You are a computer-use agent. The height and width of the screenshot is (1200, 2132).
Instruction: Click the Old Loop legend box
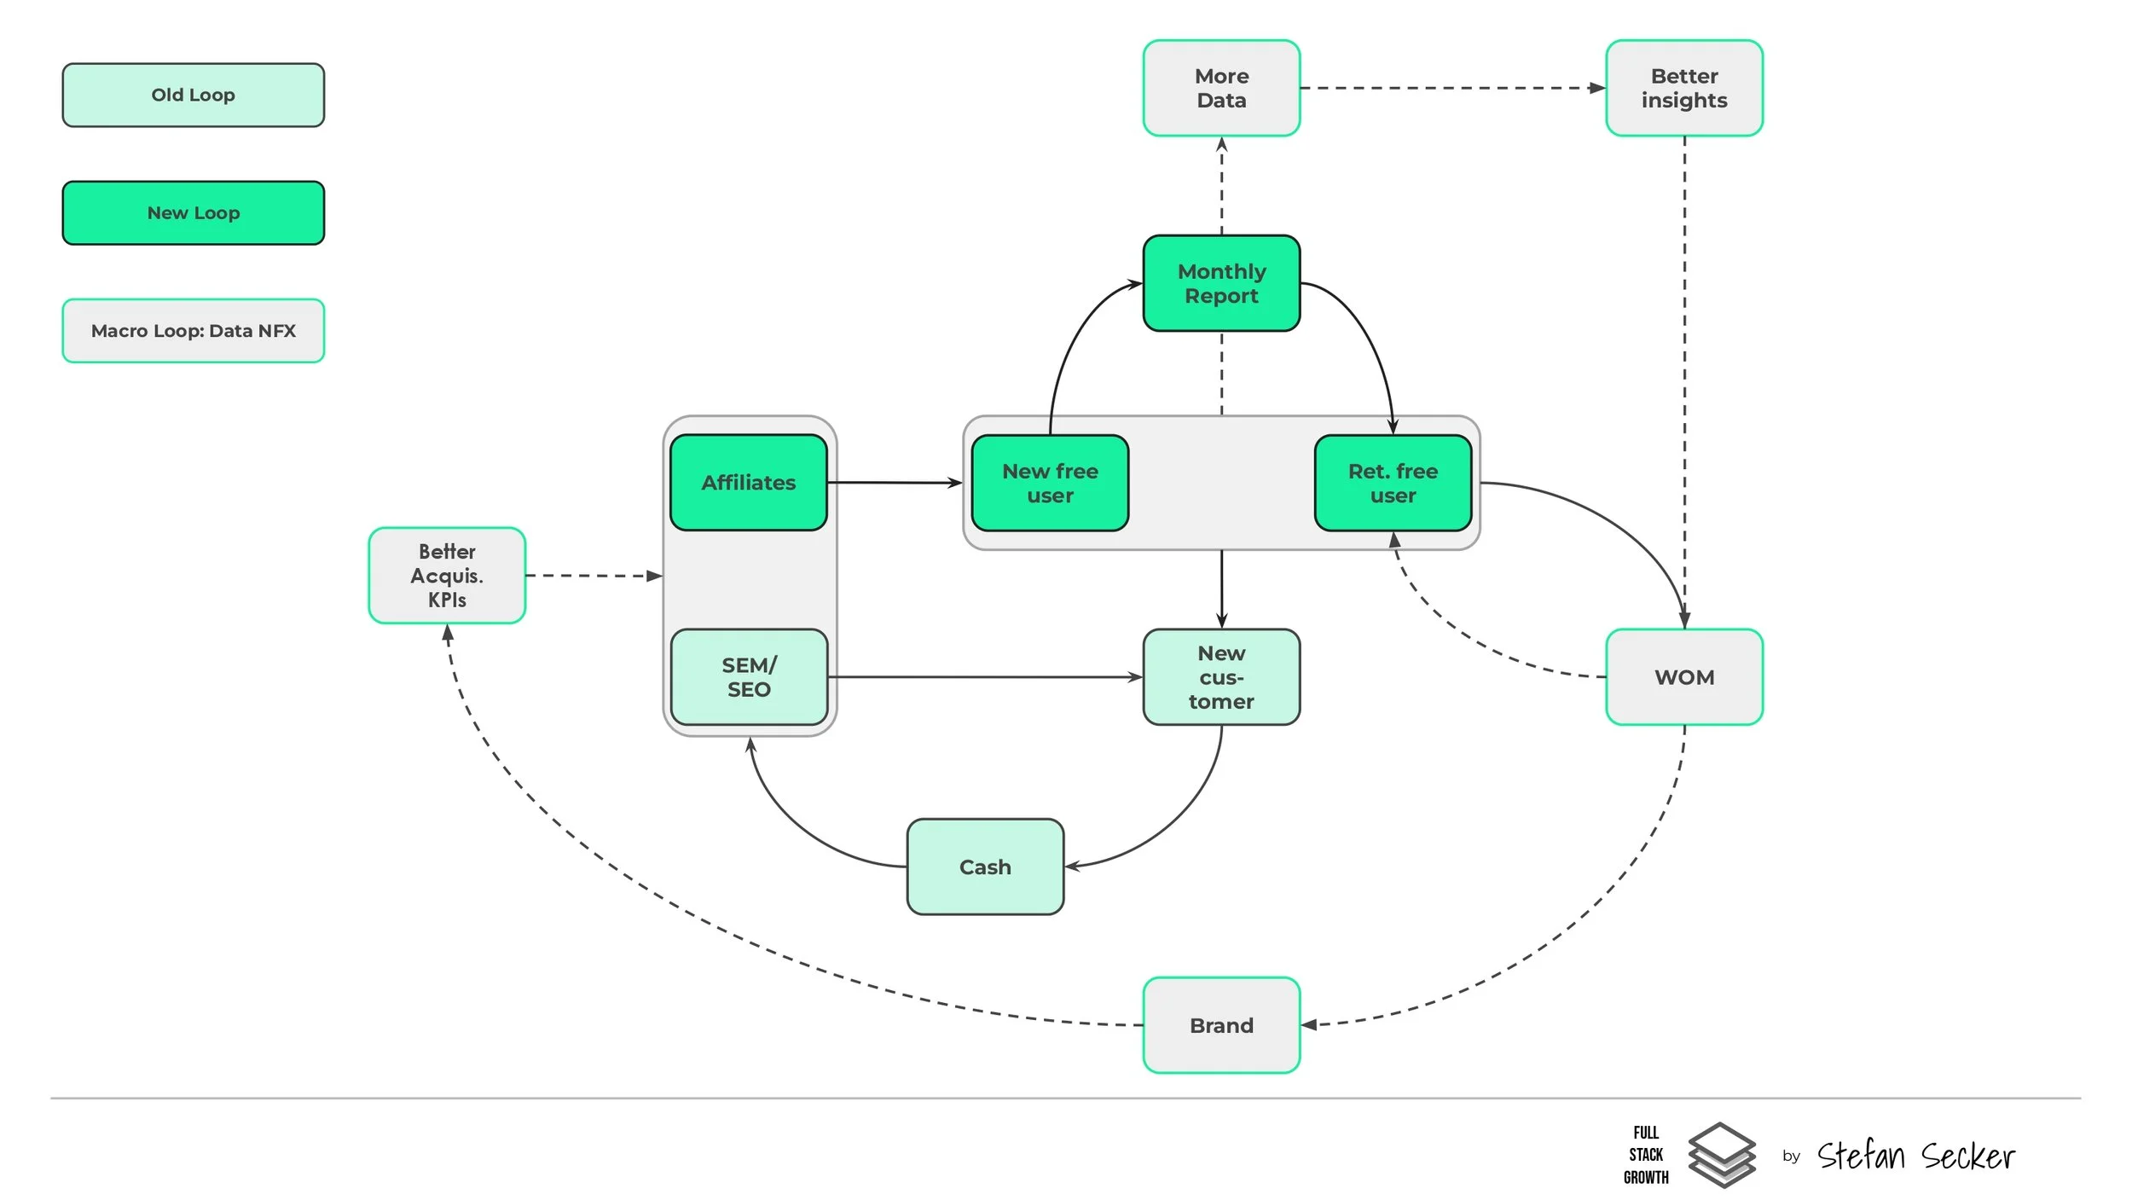[x=194, y=95]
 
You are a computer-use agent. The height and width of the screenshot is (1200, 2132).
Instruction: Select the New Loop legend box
[x=194, y=212]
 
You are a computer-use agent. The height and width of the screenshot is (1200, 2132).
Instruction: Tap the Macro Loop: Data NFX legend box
[x=194, y=331]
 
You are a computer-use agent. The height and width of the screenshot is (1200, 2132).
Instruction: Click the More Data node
[x=1221, y=88]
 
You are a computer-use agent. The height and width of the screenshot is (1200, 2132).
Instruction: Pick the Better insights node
[x=1684, y=88]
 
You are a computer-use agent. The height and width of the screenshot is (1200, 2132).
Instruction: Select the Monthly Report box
[x=1221, y=283]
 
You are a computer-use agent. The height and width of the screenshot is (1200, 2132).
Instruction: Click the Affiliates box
[x=749, y=483]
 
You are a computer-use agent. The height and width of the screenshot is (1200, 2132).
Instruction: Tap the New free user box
[x=1050, y=484]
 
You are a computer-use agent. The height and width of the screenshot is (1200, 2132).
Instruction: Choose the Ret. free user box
[x=1393, y=484]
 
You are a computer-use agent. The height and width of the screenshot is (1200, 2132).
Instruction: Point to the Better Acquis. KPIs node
[x=447, y=576]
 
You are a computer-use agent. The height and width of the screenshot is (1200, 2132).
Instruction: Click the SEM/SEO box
[x=749, y=677]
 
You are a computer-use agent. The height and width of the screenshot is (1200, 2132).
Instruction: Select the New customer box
[x=1221, y=677]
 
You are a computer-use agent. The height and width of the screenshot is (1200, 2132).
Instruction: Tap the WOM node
[x=1684, y=677]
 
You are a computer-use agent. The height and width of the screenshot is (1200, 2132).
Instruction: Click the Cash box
[x=985, y=867]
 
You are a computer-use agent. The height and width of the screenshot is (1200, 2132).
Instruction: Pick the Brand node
[x=1221, y=1025]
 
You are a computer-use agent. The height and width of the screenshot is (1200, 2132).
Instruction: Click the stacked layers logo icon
[x=1722, y=1155]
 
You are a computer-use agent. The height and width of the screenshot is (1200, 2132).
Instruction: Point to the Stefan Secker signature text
[x=1915, y=1156]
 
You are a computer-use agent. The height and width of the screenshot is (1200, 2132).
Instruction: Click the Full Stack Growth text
[x=1646, y=1155]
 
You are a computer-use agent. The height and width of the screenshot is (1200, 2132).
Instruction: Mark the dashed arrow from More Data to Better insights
[x=1453, y=88]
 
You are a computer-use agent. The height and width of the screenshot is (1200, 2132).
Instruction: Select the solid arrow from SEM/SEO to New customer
[x=985, y=677]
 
